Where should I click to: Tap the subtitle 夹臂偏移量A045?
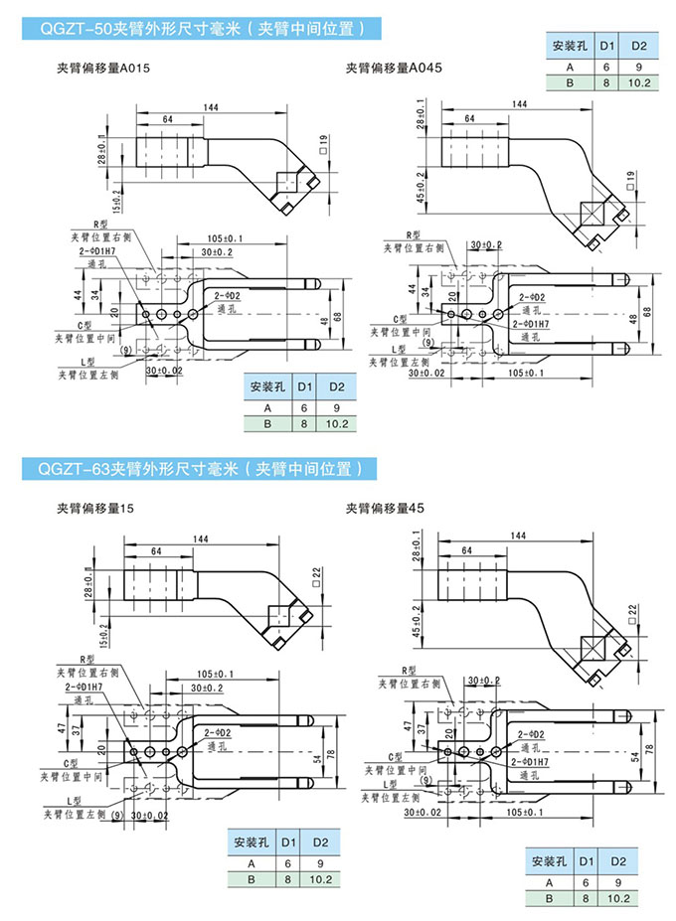click(394, 69)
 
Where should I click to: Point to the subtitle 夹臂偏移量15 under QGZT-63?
click(96, 508)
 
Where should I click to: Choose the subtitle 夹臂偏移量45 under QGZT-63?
click(386, 508)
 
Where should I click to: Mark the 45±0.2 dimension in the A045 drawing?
click(422, 186)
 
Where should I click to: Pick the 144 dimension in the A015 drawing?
click(210, 106)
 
